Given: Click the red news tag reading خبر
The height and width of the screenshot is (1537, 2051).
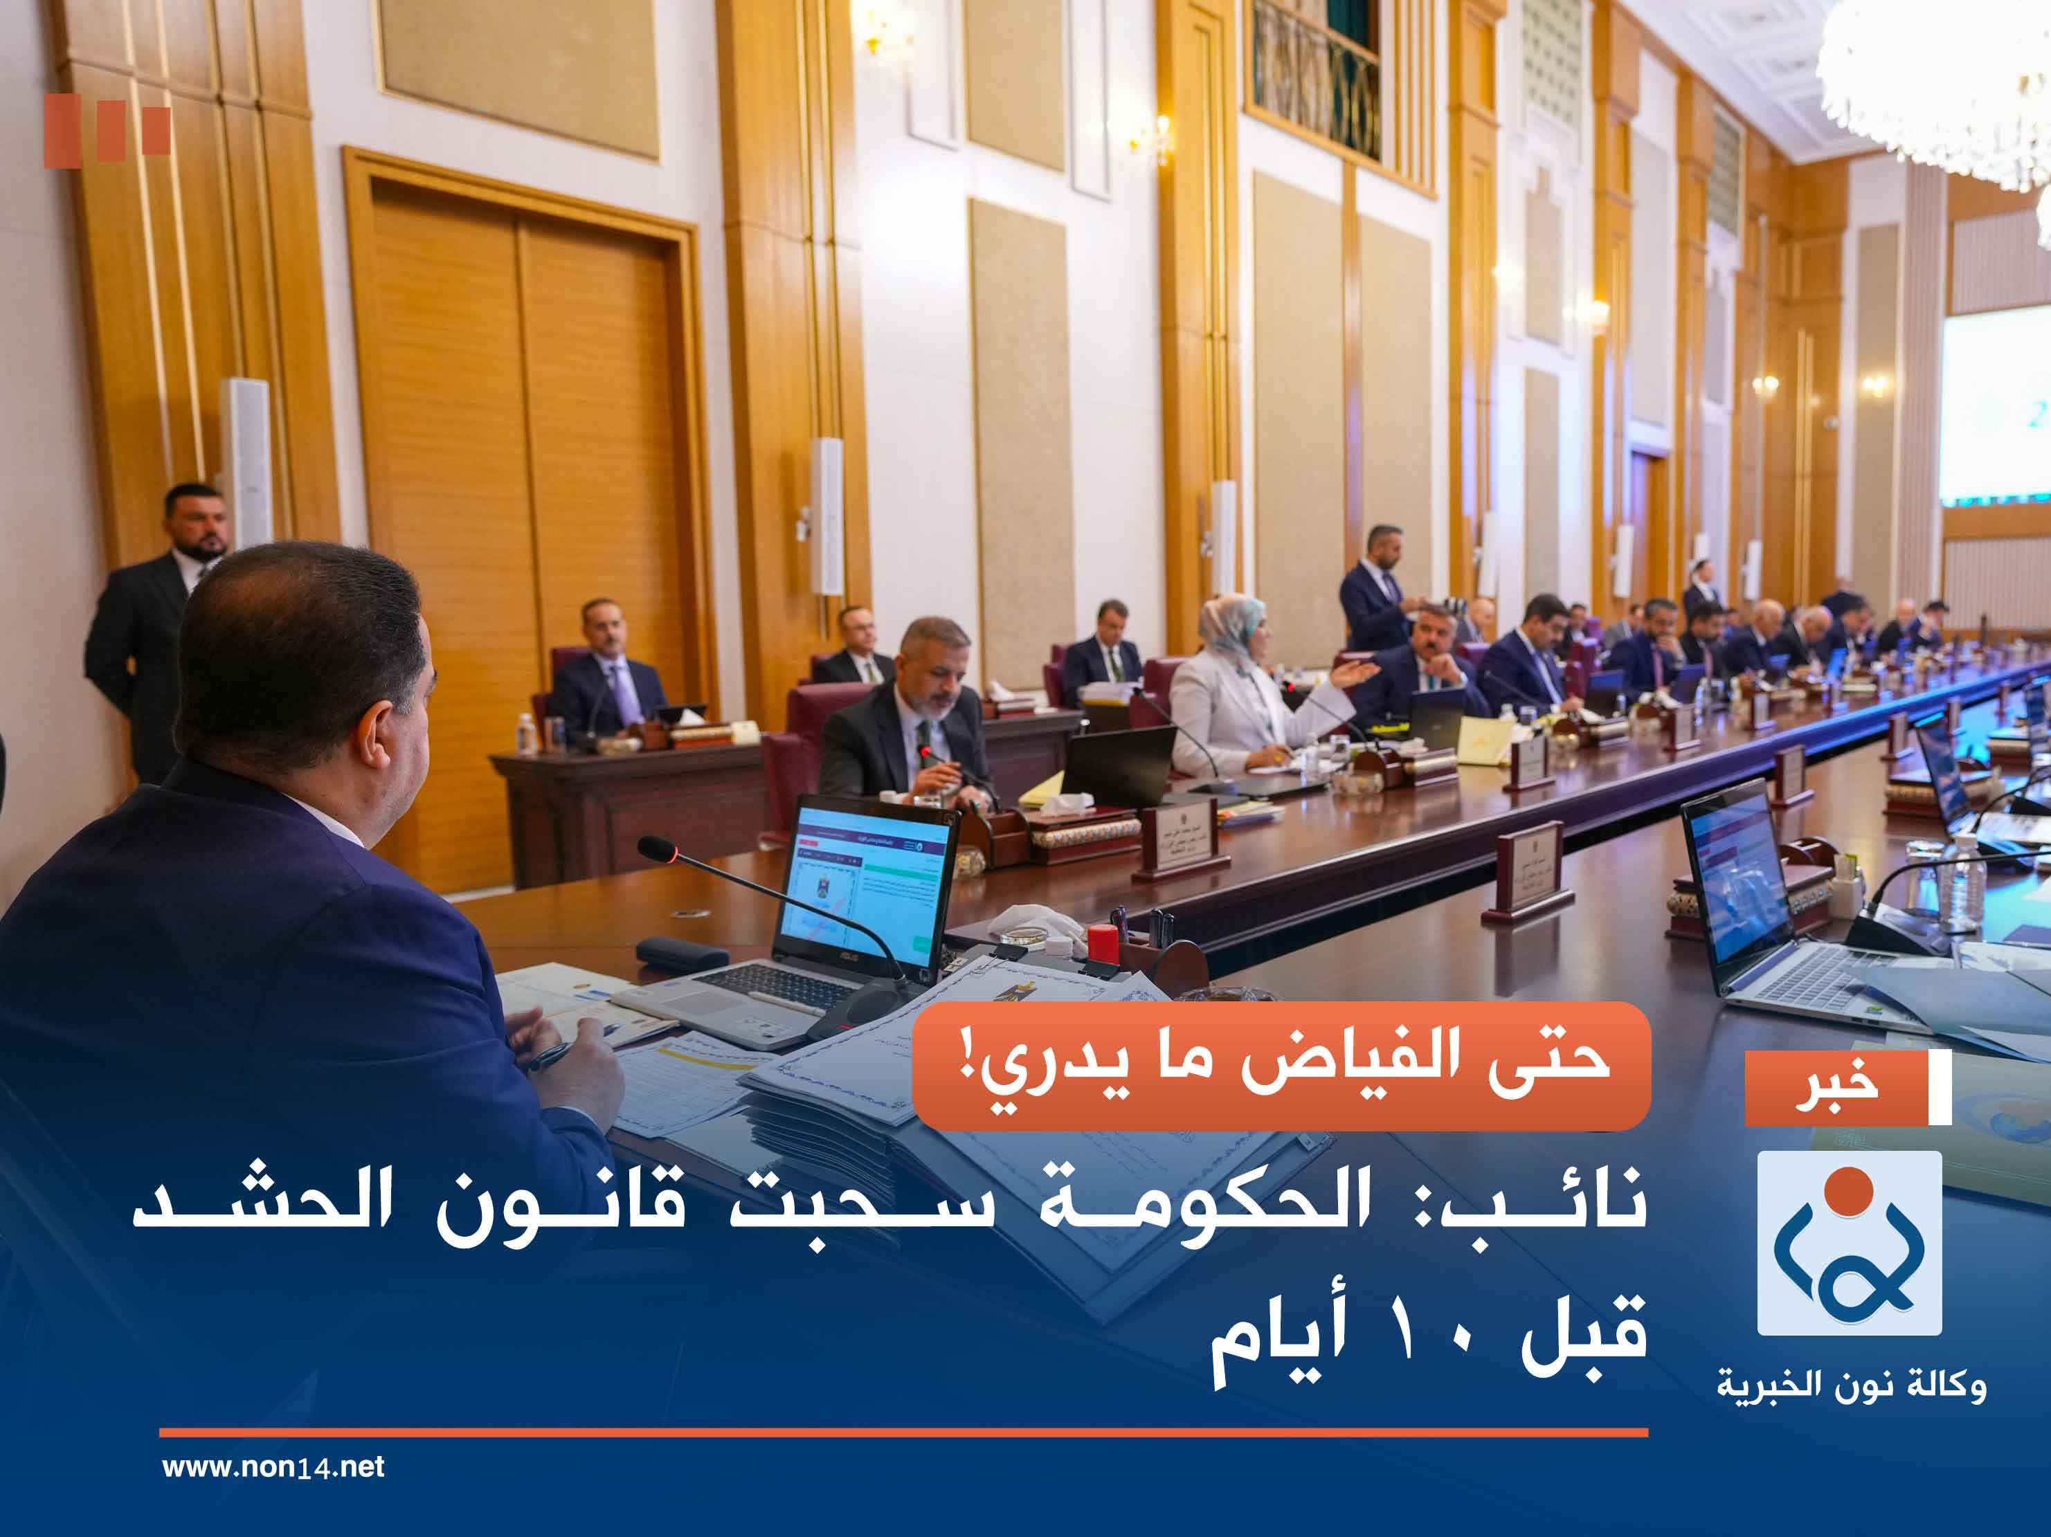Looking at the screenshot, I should click(x=1836, y=1086).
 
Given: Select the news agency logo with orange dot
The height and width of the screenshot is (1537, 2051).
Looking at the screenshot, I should click(x=1849, y=1242).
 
